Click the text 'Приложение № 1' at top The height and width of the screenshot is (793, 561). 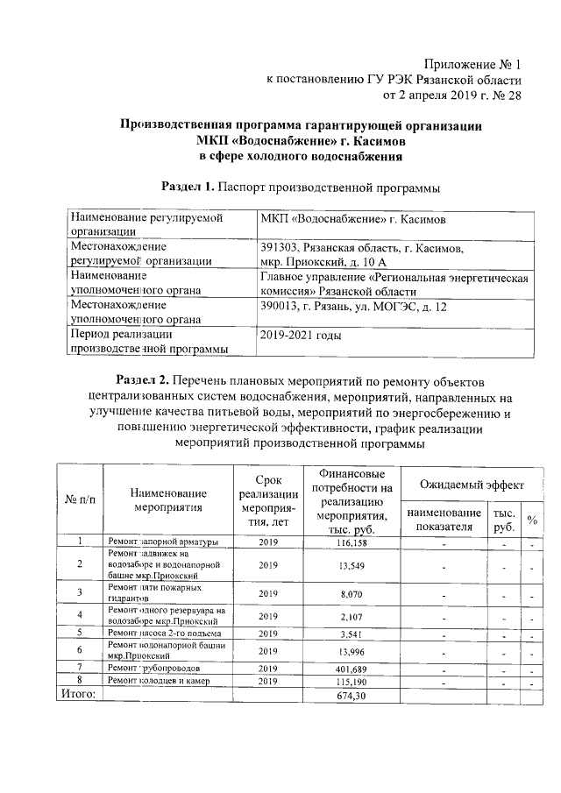472,65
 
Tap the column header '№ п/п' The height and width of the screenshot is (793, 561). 80,498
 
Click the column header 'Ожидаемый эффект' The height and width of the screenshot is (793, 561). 472,484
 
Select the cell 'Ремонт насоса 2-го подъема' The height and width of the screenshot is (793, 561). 164,633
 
